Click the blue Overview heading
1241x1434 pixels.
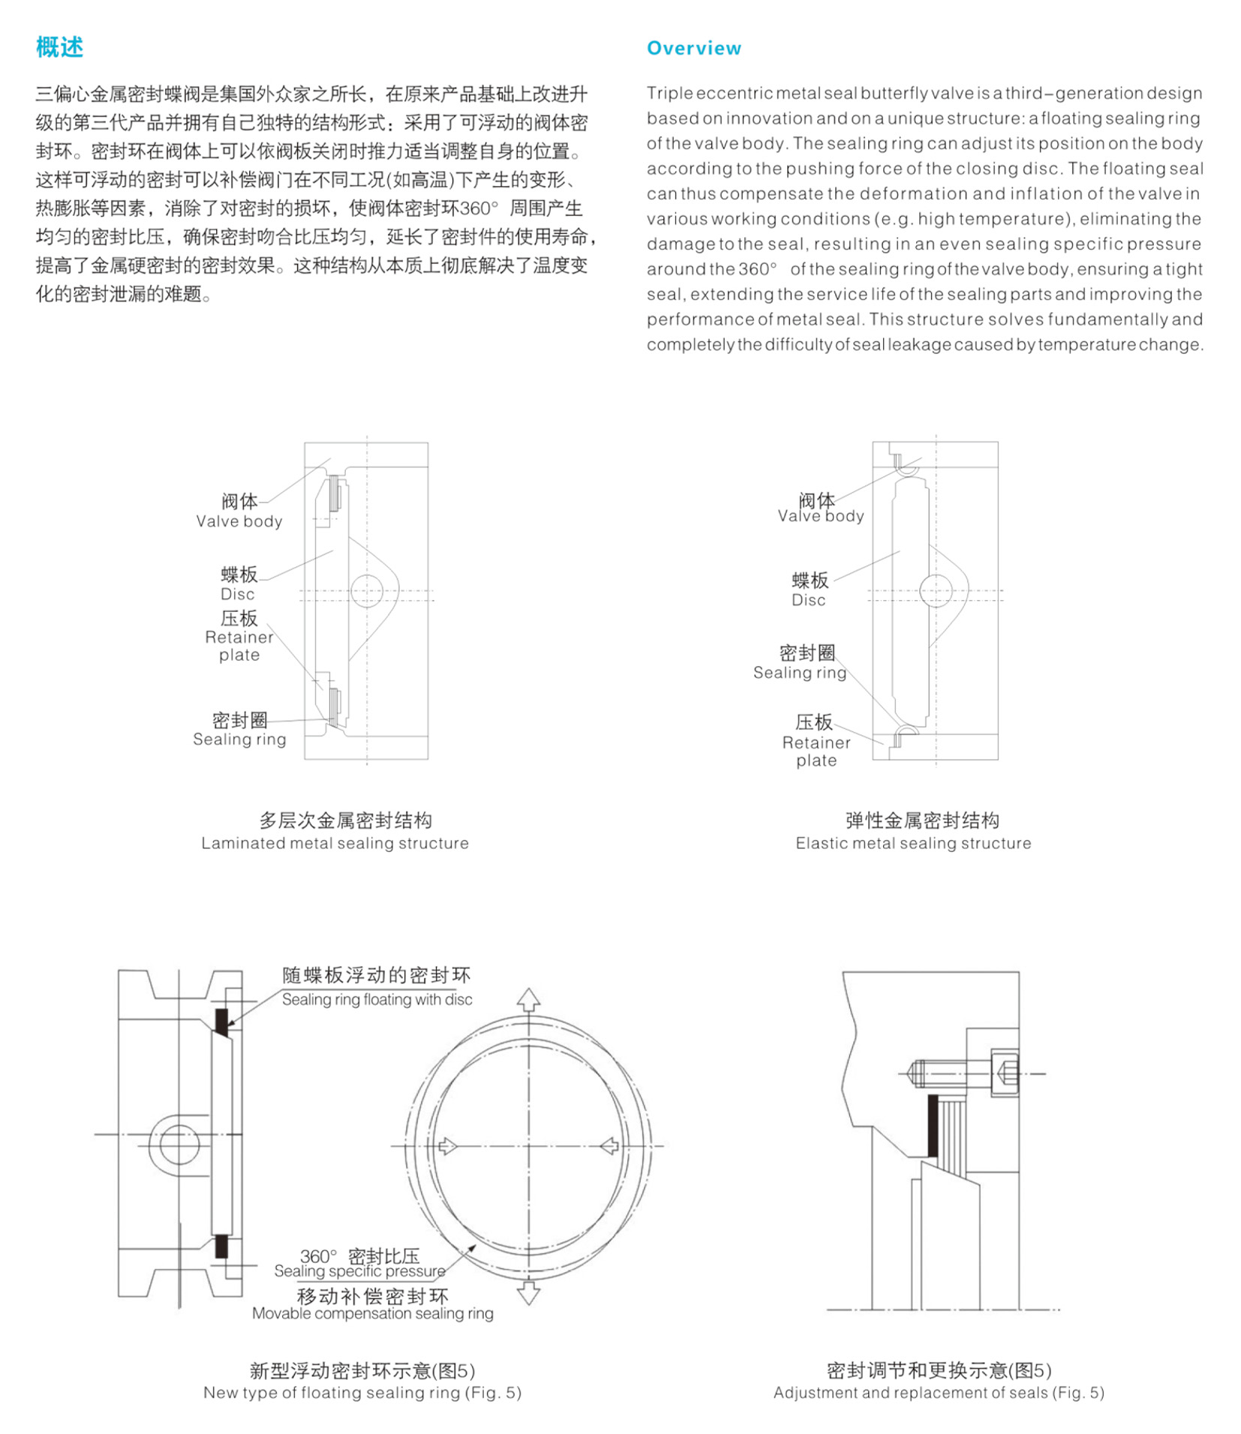pos(693,49)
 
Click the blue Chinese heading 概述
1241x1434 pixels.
pos(59,47)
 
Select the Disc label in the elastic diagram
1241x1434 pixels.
pos(808,599)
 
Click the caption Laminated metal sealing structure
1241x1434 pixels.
pos(335,843)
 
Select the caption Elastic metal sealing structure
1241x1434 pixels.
pos(913,843)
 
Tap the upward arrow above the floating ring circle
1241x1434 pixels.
pos(528,1000)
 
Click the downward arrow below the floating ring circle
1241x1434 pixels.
pos(528,1292)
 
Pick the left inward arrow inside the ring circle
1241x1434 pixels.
pos(447,1146)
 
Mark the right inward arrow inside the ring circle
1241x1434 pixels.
pos(609,1146)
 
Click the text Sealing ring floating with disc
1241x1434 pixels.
pos(377,1000)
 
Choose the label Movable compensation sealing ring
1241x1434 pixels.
pos(372,1313)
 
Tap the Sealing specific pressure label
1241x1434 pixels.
pos(359,1271)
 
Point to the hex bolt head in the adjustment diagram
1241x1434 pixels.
pos(1005,1073)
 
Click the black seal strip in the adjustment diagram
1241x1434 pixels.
pos(933,1125)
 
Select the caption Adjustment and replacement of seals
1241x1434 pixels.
pos(939,1393)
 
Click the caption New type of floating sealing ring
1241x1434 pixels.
pos(362,1393)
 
